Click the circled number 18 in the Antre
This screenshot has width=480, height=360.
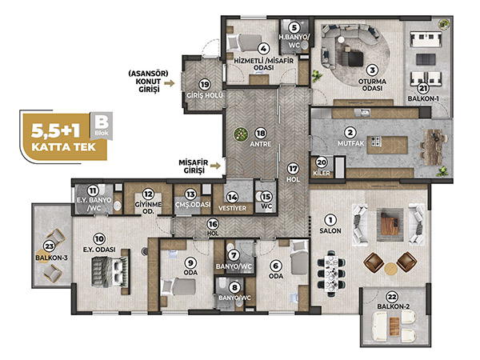click(x=261, y=134)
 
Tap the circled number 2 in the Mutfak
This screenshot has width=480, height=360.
click(x=350, y=133)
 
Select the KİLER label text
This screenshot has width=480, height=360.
click(x=322, y=173)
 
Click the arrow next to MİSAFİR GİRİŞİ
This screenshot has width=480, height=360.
click(x=216, y=166)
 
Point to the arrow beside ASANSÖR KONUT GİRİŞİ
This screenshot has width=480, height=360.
click(x=170, y=83)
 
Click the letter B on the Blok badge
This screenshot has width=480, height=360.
click(x=102, y=122)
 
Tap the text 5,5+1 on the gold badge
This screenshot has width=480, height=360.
click(x=56, y=130)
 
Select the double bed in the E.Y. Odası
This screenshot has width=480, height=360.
click(x=110, y=272)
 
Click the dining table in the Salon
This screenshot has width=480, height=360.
click(x=331, y=274)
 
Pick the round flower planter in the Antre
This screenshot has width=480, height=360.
click(x=241, y=134)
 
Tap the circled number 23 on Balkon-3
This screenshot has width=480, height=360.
click(x=49, y=246)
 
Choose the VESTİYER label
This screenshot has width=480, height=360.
click(x=232, y=208)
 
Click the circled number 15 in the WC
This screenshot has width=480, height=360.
click(x=266, y=196)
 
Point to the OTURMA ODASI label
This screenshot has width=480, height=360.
click(x=373, y=85)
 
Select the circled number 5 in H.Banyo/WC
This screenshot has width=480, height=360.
click(x=294, y=27)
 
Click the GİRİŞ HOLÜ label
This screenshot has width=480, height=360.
click(x=205, y=95)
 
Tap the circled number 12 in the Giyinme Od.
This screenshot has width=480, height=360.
click(x=149, y=194)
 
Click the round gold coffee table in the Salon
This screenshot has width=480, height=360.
click(x=391, y=268)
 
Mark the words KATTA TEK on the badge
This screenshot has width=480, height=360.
click(x=64, y=147)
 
